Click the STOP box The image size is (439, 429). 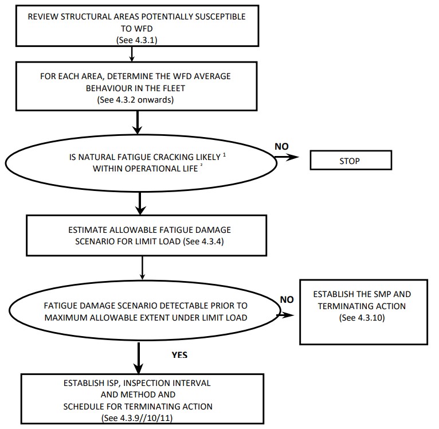[350, 161]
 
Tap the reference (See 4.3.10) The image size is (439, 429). [362, 317]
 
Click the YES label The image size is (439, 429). [179, 355]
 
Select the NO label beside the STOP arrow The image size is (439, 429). [281, 146]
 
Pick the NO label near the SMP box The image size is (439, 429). [287, 299]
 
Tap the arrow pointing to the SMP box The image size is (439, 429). [287, 315]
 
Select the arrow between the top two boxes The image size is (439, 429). [132, 53]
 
